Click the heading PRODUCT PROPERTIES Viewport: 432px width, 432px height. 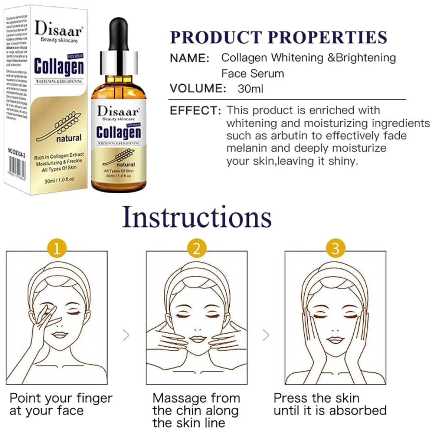click(x=279, y=37)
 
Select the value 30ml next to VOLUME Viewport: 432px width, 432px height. click(x=250, y=88)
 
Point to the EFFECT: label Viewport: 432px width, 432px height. click(x=195, y=110)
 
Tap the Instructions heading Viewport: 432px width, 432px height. click(x=197, y=217)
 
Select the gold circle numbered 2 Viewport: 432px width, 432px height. click(x=196, y=249)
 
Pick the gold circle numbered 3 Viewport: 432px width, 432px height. click(x=335, y=249)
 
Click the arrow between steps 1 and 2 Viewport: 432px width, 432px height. click(x=126, y=335)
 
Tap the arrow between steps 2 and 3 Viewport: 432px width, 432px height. click(x=266, y=335)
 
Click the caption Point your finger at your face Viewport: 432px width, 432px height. click(x=61, y=404)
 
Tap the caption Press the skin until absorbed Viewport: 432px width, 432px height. click(x=330, y=404)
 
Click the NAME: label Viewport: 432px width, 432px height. click(x=190, y=58)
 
